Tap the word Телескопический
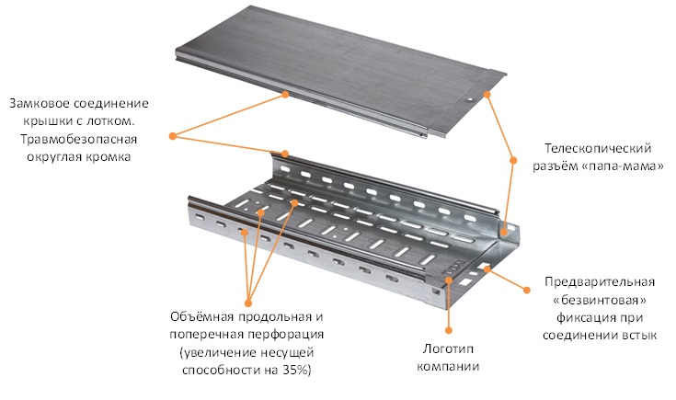pyautogui.click(x=598, y=149)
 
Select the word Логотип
pyautogui.click(x=448, y=349)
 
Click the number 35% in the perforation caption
pyautogui.click(x=296, y=370)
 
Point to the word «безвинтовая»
pyautogui.click(x=600, y=300)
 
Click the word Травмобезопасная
pyautogui.click(x=78, y=139)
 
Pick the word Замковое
pyautogui.click(x=40, y=104)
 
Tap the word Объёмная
pyautogui.click(x=201, y=317)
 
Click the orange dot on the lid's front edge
pyautogui.click(x=285, y=94)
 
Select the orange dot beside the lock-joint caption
pyautogui.click(x=173, y=136)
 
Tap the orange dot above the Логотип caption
pyautogui.click(x=449, y=330)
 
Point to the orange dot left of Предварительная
pyautogui.click(x=526, y=290)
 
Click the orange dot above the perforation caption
pyautogui.click(x=248, y=303)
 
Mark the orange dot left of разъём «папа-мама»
pyautogui.click(x=513, y=160)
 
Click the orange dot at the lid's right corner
pyautogui.click(x=487, y=94)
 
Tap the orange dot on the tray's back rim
pyautogui.click(x=285, y=154)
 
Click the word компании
pyautogui.click(x=448, y=366)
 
